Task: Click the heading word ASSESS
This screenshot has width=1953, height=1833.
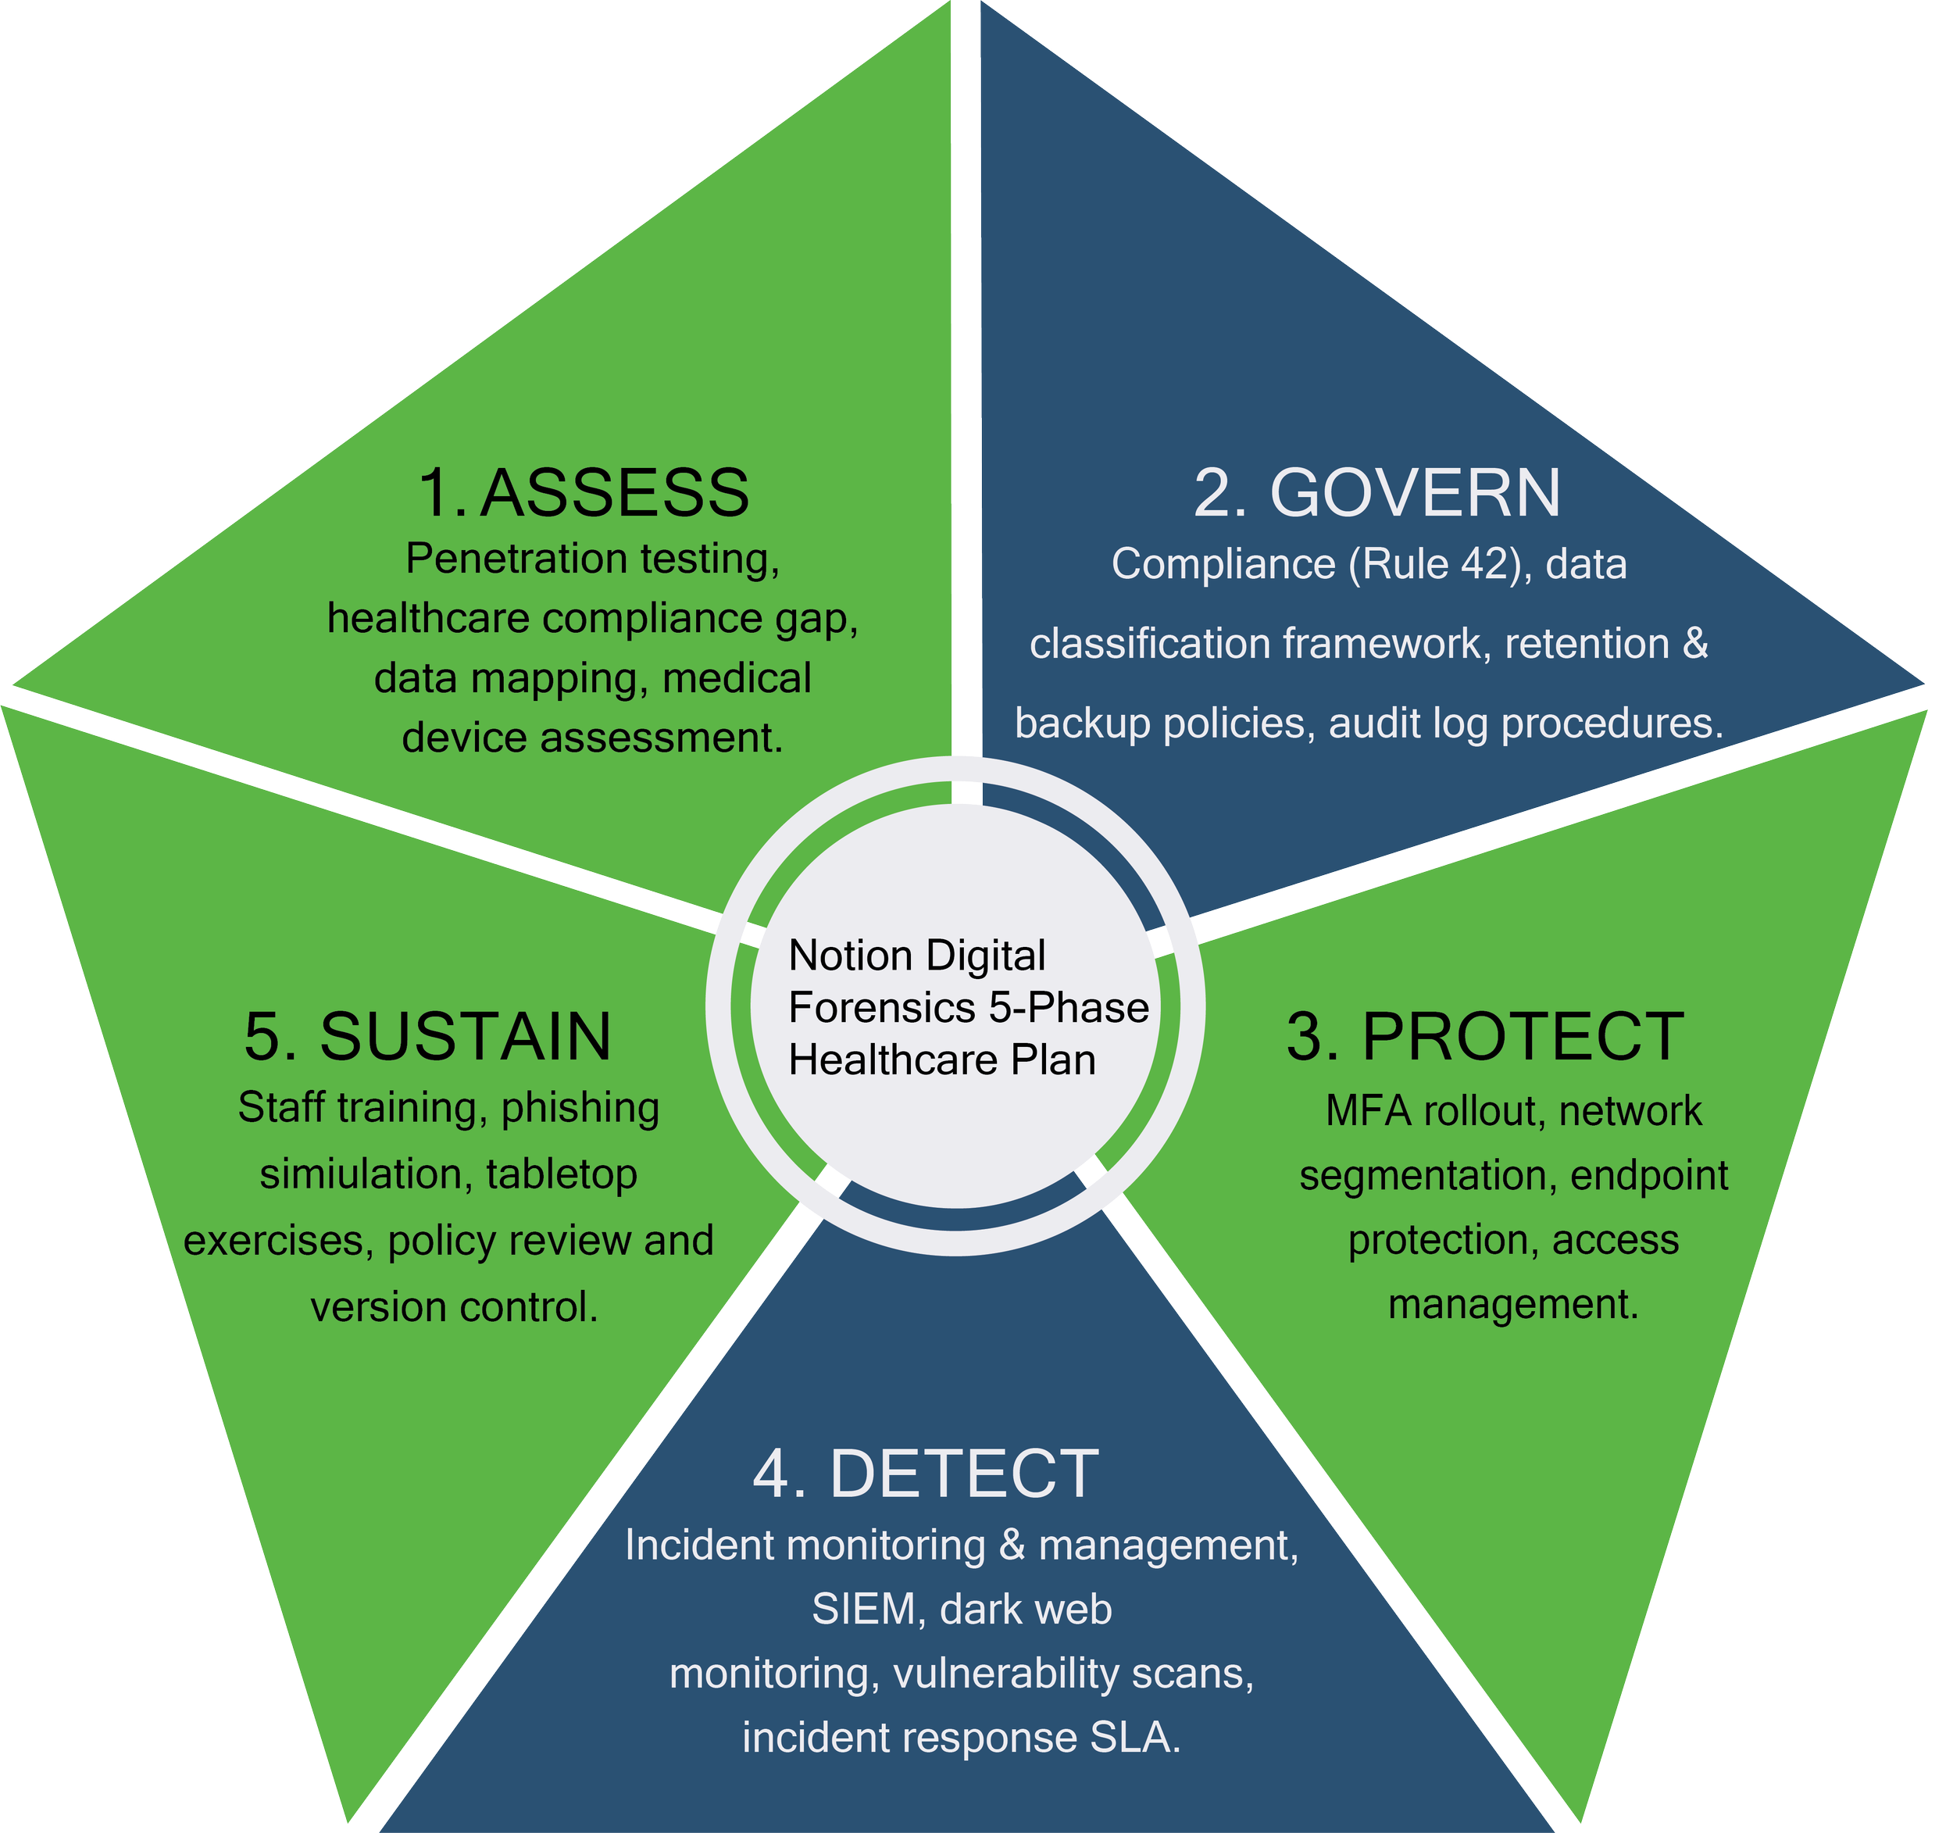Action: [x=615, y=493]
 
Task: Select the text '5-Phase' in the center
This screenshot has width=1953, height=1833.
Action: [x=1069, y=1008]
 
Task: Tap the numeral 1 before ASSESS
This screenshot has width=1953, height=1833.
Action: [x=435, y=493]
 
